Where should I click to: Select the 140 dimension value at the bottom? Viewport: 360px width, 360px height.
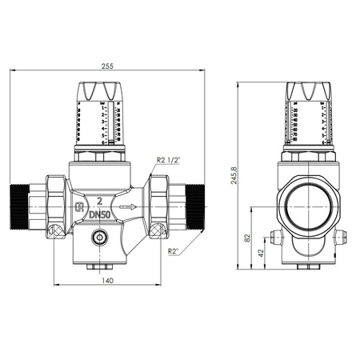[x=108, y=280]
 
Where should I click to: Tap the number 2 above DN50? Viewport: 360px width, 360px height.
[x=98, y=202]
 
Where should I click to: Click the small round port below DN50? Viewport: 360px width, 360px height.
[x=98, y=238]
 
